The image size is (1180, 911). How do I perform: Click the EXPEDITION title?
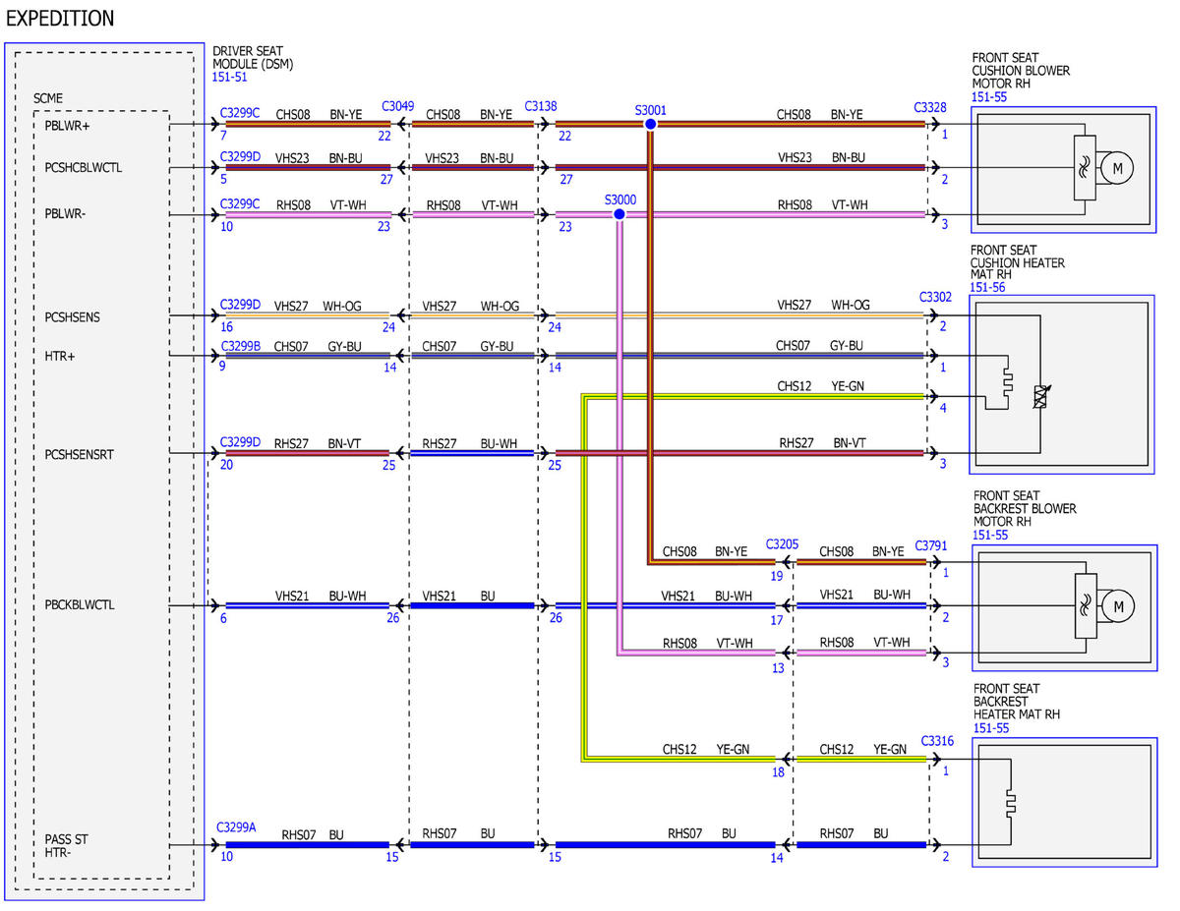pyautogui.click(x=60, y=19)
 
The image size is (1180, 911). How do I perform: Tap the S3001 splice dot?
pyautogui.click(x=650, y=124)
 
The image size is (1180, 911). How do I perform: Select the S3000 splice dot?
pyautogui.click(x=619, y=215)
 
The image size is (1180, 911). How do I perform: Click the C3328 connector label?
pyautogui.click(x=929, y=107)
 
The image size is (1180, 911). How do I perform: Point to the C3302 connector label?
pyautogui.click(x=935, y=297)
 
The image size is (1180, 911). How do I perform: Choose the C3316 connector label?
pyautogui.click(x=937, y=741)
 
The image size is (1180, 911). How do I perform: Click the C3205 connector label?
pyautogui.click(x=782, y=544)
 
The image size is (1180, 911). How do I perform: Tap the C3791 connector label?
pyautogui.click(x=931, y=545)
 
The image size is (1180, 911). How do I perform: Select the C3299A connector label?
pyautogui.click(x=236, y=826)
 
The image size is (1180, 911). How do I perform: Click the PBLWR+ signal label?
pyautogui.click(x=67, y=126)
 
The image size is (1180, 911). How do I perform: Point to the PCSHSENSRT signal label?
pyautogui.click(x=79, y=454)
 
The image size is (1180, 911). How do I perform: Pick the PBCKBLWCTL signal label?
pyautogui.click(x=80, y=604)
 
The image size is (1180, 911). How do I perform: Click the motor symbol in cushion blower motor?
pyautogui.click(x=1117, y=168)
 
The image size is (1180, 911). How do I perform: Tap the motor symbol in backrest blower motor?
pyautogui.click(x=1118, y=606)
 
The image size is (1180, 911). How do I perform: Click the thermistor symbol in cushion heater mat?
pyautogui.click(x=1040, y=397)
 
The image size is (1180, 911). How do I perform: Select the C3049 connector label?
pyautogui.click(x=397, y=106)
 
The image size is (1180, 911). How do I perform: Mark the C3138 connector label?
pyautogui.click(x=540, y=106)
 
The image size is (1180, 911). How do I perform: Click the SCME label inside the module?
pyautogui.click(x=48, y=98)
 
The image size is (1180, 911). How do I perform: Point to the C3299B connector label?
pyautogui.click(x=241, y=346)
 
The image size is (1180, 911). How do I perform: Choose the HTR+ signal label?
pyautogui.click(x=60, y=356)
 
